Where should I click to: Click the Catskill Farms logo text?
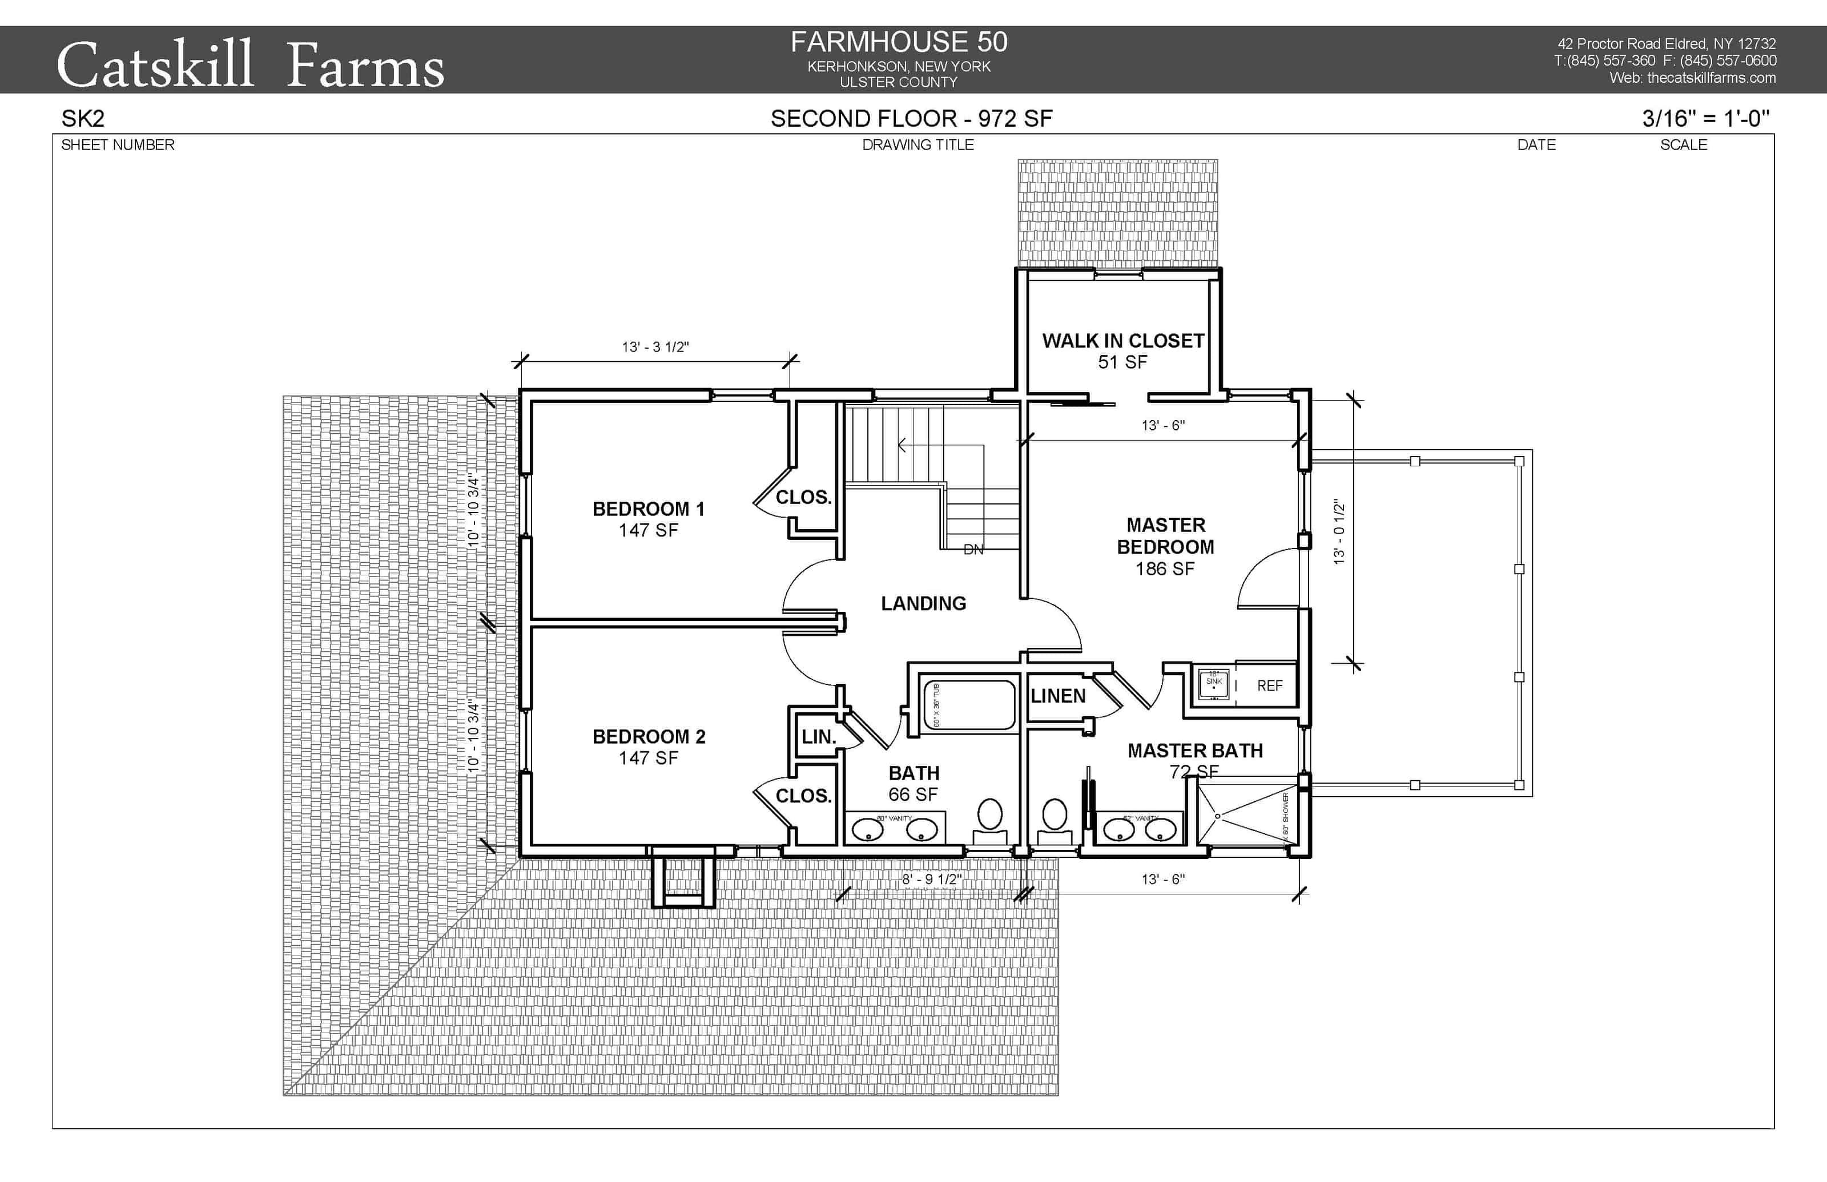[250, 65]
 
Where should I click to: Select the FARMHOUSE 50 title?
[899, 42]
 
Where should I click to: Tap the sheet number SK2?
[83, 119]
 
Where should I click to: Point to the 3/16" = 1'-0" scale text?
[1706, 119]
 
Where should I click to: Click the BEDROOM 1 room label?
[648, 509]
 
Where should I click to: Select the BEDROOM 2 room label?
[648, 737]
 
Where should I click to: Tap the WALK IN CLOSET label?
[1122, 341]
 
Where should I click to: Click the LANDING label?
[923, 603]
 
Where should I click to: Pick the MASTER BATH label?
[1194, 751]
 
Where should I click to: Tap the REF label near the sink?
[1269, 686]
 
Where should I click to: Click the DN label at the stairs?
[973, 550]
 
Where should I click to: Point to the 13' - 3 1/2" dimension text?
[655, 347]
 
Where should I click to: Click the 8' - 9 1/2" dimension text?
[931, 879]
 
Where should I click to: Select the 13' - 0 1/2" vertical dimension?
[1339, 532]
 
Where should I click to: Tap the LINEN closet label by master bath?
[1058, 696]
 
